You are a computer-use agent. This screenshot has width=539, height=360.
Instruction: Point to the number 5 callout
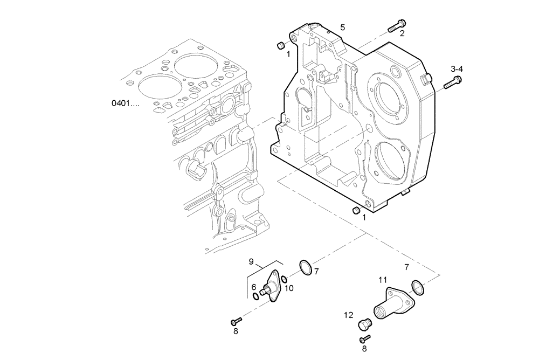343,27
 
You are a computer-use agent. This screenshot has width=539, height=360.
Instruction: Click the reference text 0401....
126,102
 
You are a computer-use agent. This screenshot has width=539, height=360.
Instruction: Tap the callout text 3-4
457,68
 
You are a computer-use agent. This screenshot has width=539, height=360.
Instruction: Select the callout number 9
251,261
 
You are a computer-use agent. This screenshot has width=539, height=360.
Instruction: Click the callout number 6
253,287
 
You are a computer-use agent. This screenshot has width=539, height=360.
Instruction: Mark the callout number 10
289,288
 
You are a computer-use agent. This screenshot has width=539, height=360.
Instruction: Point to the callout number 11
383,280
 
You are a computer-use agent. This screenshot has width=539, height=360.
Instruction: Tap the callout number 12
349,315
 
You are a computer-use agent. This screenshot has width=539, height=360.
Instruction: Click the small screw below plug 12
365,338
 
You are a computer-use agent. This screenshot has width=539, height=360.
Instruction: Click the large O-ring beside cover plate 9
305,267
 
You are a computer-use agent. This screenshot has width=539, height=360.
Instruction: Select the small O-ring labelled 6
255,296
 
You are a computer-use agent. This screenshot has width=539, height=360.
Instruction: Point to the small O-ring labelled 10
283,279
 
